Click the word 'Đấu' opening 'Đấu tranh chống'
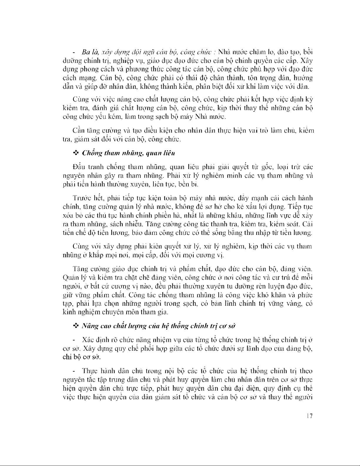click(78, 167)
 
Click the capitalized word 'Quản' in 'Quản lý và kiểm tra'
click(71, 278)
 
